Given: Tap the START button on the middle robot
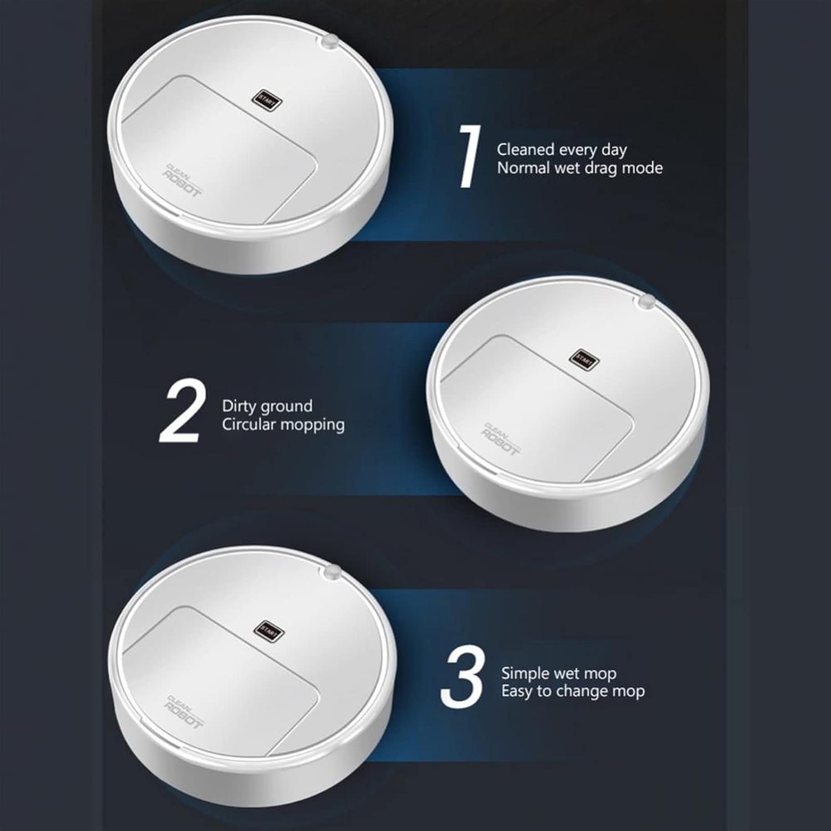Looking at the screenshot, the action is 585,360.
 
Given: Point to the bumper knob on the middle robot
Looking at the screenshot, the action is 646,301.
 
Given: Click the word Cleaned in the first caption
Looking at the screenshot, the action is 526,149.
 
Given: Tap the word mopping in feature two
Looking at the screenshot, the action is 312,425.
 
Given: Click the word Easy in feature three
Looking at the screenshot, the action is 518,692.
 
